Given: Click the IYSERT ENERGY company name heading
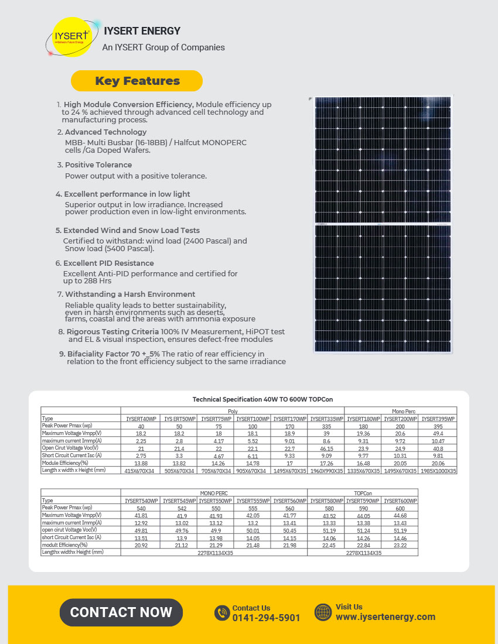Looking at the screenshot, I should pos(142,31).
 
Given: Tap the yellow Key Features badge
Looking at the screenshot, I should pos(137,81).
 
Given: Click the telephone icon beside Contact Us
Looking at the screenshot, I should pos(222,612).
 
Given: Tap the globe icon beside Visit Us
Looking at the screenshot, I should pos(323,612).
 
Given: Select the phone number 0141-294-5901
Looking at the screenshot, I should pos(266,618).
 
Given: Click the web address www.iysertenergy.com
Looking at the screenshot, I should pos(385,616).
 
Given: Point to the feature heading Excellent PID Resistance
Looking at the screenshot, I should pos(109,263).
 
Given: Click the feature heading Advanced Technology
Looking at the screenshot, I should pos(105,132).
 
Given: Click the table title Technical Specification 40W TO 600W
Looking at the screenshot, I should pos(248,399).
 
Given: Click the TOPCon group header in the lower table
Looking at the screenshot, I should pos(363,493).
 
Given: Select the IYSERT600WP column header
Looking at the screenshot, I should pos(400,501).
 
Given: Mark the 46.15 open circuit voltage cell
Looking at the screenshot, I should pos(326,448).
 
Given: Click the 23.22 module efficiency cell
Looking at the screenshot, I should pos(400,544).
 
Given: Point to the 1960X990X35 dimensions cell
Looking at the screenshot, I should pos(326,470).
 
